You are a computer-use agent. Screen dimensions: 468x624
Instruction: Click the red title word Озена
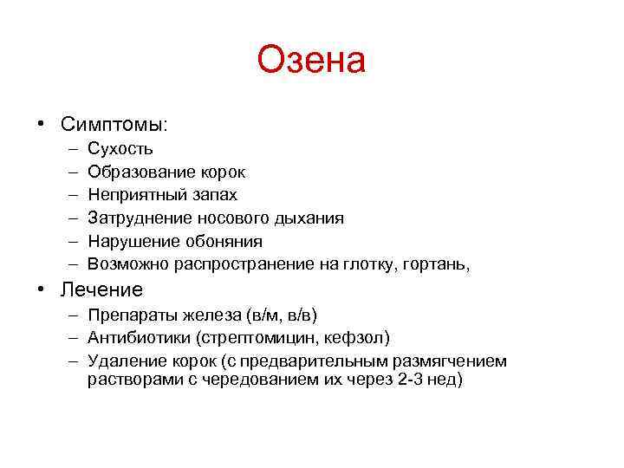pos(312,61)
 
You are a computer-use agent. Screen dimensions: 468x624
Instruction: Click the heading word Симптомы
pos(112,124)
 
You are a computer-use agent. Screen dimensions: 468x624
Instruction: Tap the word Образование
pos(137,172)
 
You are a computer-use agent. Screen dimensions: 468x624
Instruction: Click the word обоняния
pos(224,242)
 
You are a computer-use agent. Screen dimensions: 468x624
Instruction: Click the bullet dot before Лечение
pos(42,289)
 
